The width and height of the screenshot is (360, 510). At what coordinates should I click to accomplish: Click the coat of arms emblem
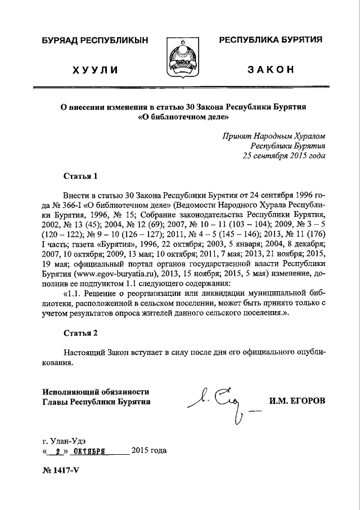pos(180,56)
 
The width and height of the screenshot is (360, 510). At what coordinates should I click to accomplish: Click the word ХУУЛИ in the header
pos(94,70)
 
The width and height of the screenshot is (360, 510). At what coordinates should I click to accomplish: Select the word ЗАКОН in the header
pos(271,69)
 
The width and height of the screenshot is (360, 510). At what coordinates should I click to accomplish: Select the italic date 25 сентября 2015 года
pos(283,155)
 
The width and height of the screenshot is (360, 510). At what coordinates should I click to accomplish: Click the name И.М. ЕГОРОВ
pos(297,401)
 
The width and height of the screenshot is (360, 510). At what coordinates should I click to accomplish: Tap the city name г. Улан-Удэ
pos(64,440)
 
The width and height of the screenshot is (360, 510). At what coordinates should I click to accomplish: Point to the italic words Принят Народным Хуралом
pos(273,136)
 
